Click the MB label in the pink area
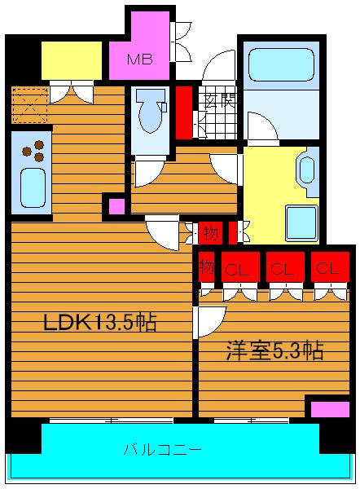pyautogui.click(x=140, y=59)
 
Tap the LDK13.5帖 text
pyautogui.click(x=99, y=322)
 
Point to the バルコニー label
pyautogui.click(x=162, y=450)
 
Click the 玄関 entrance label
pyautogui.click(x=220, y=100)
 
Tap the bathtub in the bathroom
pyautogui.click(x=281, y=65)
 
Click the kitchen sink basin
pyautogui.click(x=33, y=187)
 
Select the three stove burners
pyautogui.click(x=33, y=151)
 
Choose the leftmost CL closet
pyautogui.click(x=240, y=267)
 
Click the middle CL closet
pyautogui.click(x=285, y=267)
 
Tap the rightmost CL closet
pyautogui.click(x=330, y=267)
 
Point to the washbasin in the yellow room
pyautogui.click(x=307, y=170)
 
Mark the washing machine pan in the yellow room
pyautogui.click(x=301, y=222)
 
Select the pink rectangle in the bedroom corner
pyautogui.click(x=330, y=409)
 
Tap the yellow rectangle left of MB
pyautogui.click(x=72, y=60)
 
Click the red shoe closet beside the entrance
pyautogui.click(x=184, y=112)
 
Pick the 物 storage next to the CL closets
pyautogui.click(x=206, y=267)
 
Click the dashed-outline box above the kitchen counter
pyautogui.click(x=30, y=105)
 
